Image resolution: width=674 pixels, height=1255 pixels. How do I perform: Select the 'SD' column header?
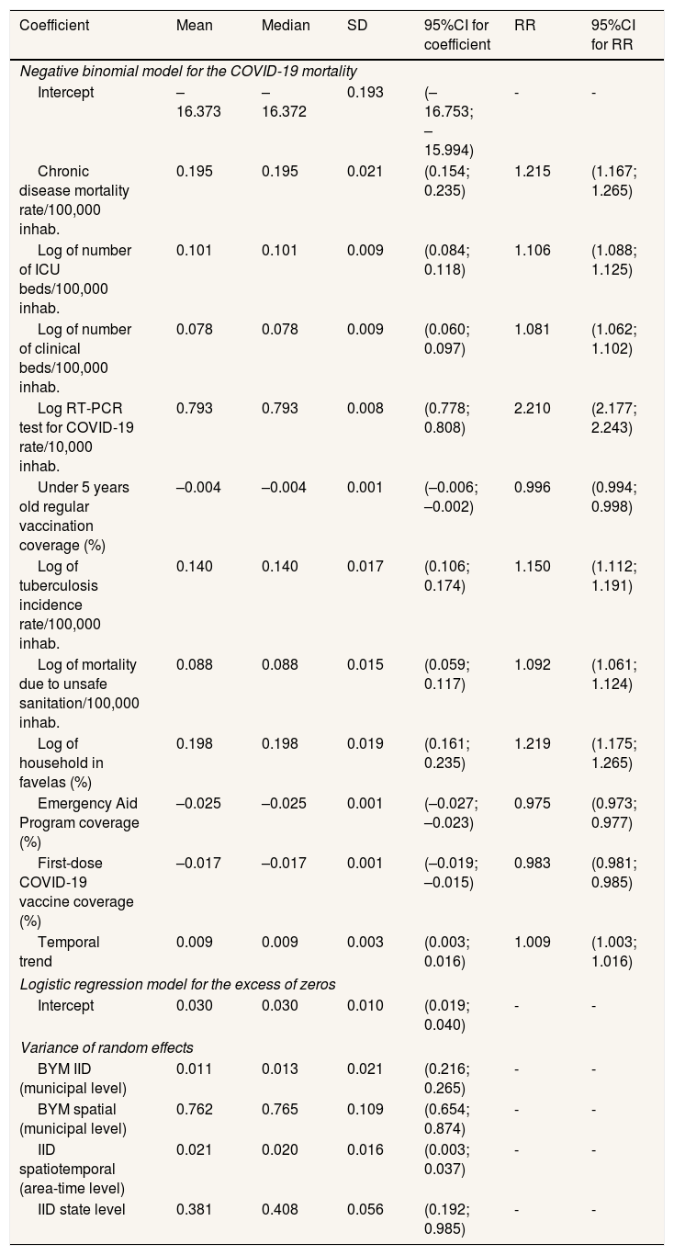click(x=356, y=26)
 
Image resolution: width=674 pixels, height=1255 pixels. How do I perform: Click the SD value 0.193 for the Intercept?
click(x=363, y=92)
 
